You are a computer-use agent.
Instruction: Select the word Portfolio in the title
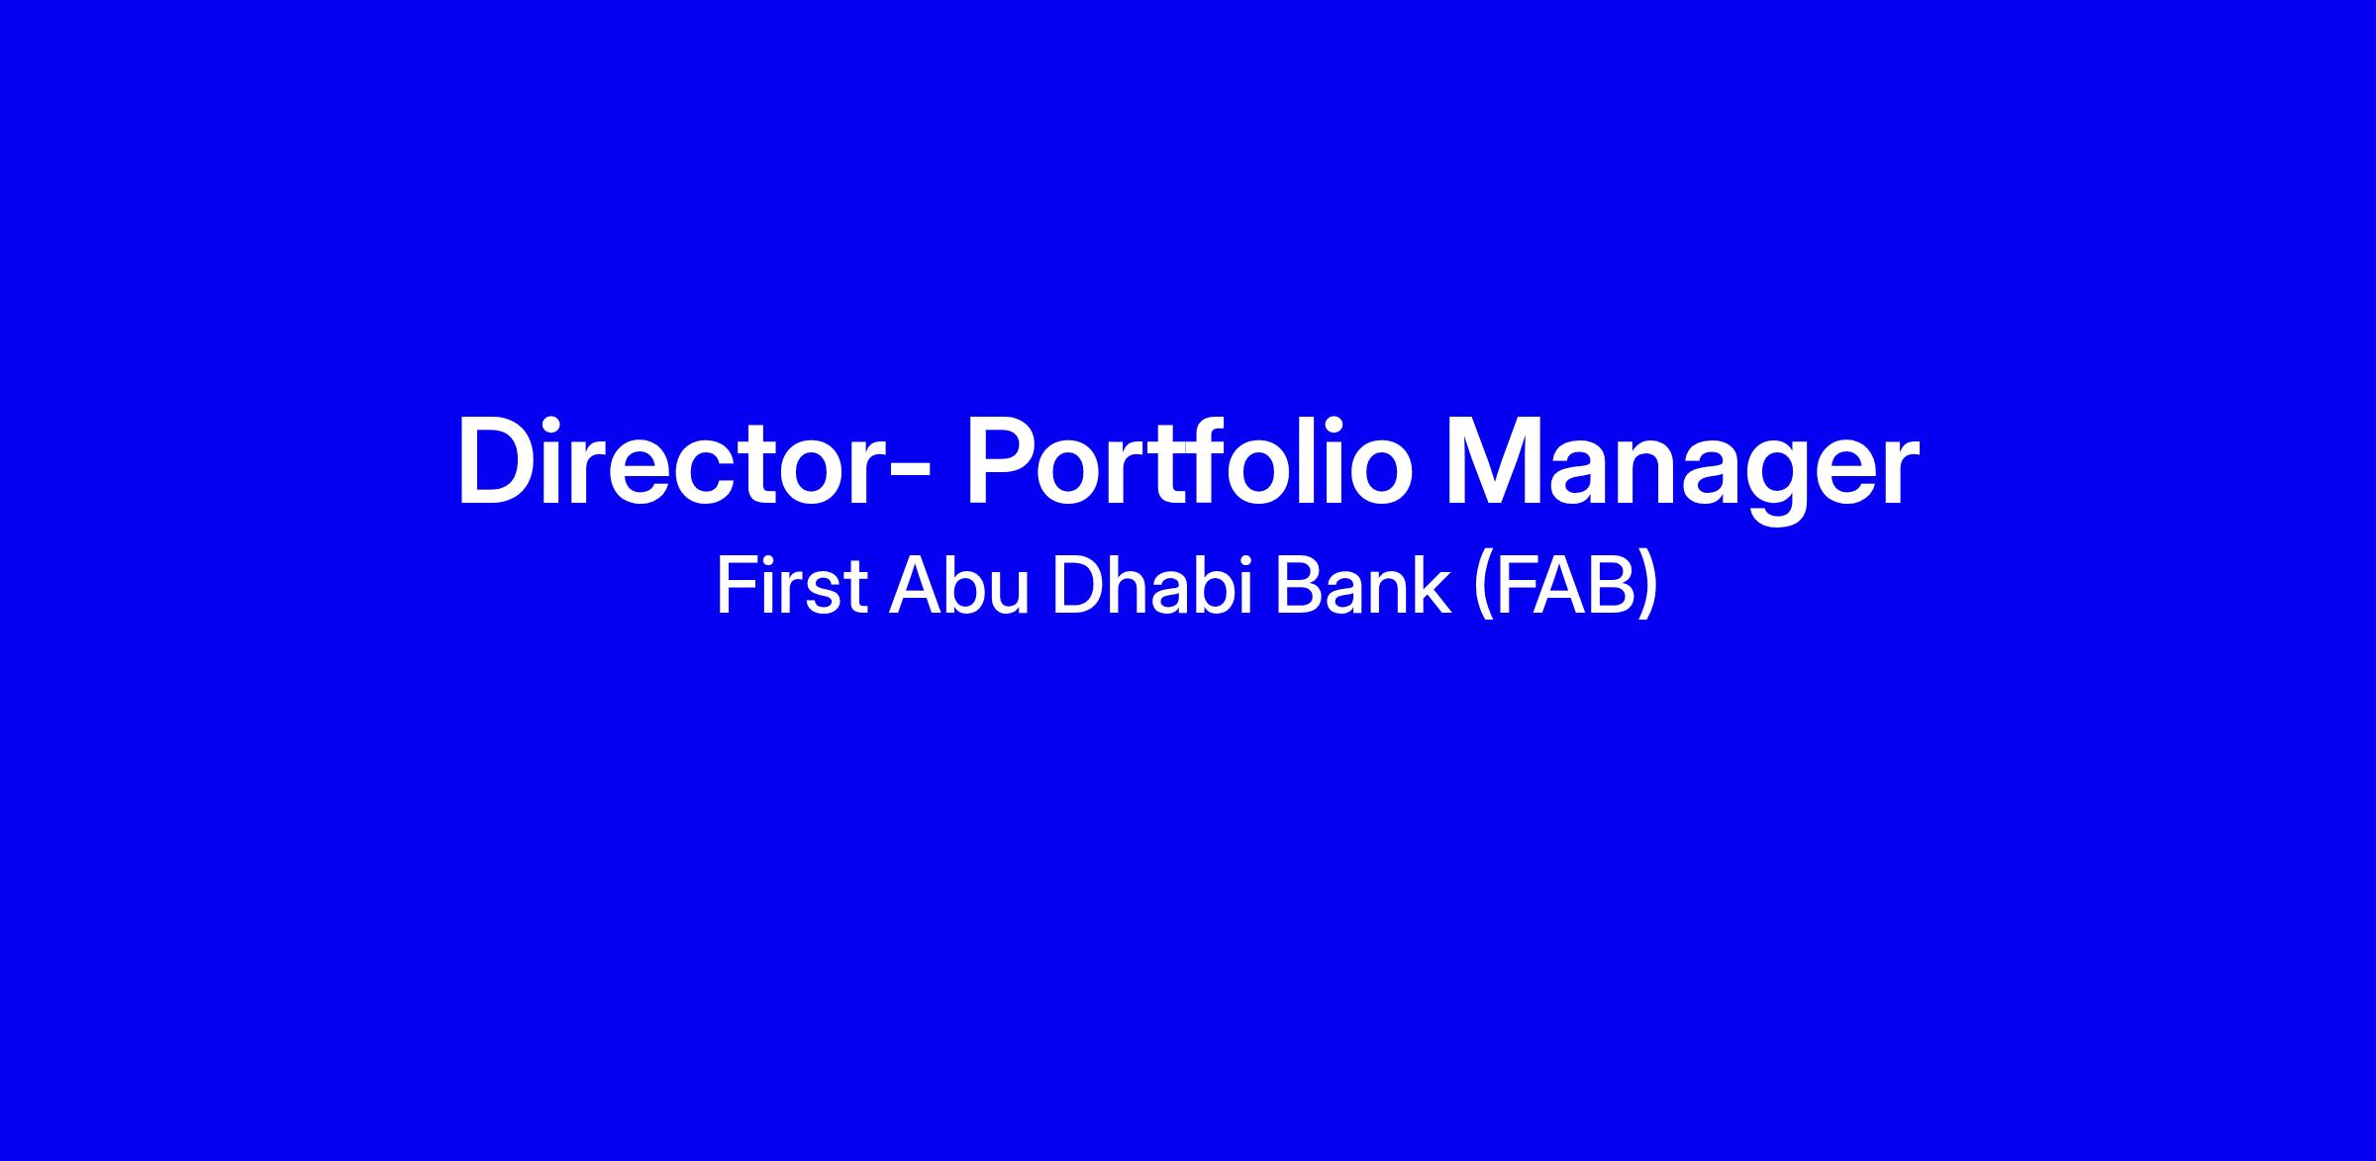click(1188, 461)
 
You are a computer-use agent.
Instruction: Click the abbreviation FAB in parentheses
click(1565, 587)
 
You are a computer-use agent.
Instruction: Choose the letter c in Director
click(706, 475)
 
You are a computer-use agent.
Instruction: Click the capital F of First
click(736, 587)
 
